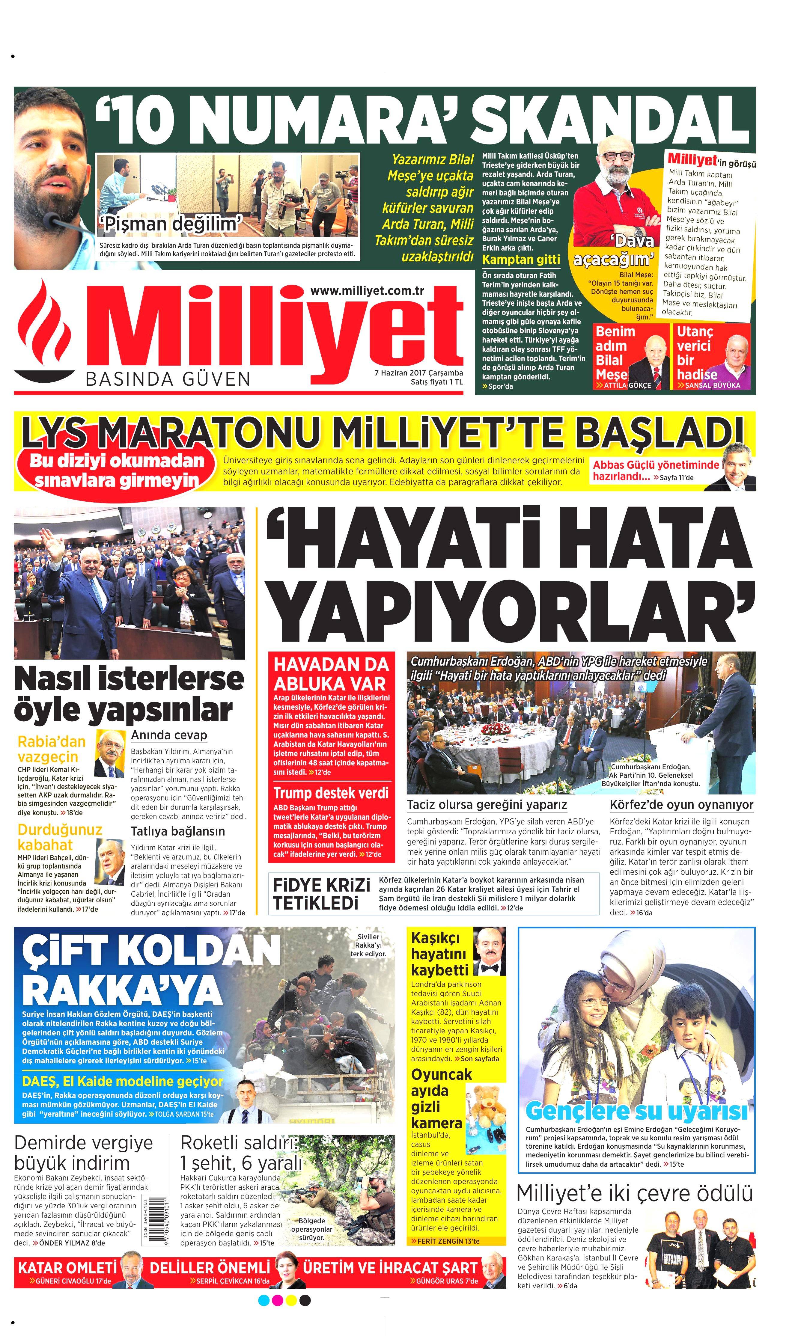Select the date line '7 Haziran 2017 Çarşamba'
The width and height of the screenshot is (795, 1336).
tap(418, 373)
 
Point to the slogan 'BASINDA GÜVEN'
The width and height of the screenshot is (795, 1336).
tap(168, 379)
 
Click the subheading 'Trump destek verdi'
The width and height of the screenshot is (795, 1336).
tap(331, 792)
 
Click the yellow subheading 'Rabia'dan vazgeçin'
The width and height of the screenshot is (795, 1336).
tap(52, 749)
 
